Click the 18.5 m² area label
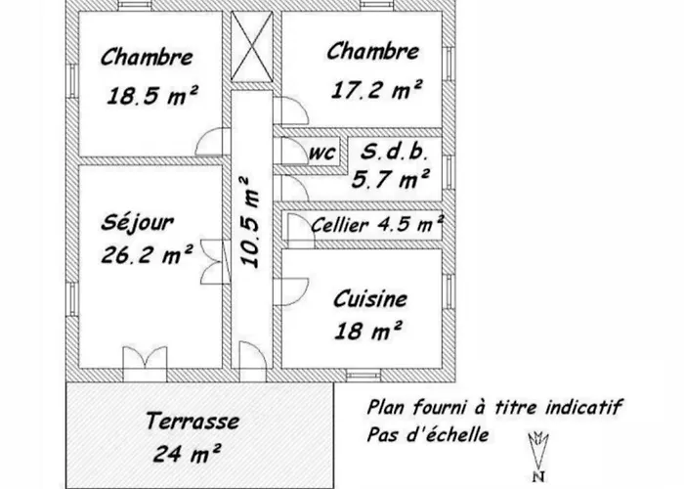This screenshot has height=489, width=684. tap(152, 95)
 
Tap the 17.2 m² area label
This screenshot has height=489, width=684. tap(377, 90)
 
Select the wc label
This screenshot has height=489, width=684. tap(322, 153)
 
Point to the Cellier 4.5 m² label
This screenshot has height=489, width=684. tap(378, 224)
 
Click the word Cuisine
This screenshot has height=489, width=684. tap(370, 299)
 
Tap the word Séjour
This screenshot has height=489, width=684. tap(138, 222)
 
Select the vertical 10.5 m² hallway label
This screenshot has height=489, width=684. tap(250, 222)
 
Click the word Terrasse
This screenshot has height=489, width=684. tap(192, 421)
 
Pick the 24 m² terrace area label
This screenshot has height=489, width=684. tap(187, 453)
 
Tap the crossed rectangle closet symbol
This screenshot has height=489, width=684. tap(252, 46)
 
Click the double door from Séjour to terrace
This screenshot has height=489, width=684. tap(145, 363)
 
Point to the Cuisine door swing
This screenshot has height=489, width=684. tap(295, 291)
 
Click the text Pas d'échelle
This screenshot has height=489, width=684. tap(428, 435)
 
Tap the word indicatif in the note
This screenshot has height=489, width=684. tap(583, 407)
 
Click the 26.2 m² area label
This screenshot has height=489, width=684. tap(147, 254)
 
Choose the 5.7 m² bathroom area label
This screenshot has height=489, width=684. tap(391, 179)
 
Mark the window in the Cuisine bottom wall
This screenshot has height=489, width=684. tap(363, 376)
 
